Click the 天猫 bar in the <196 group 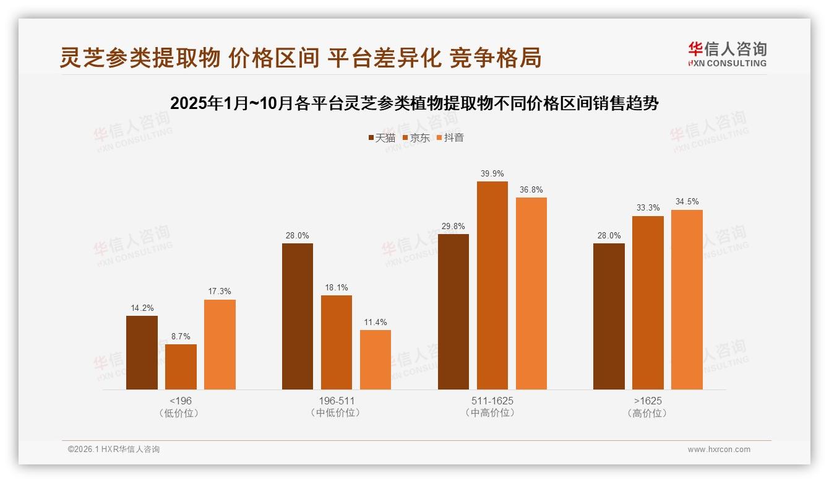[142, 352]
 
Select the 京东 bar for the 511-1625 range [492, 285]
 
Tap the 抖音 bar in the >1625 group [687, 300]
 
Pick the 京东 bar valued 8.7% [181, 367]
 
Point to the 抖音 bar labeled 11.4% [376, 360]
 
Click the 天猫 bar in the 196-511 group [298, 316]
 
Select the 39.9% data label [492, 173]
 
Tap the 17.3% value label [220, 292]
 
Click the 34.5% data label [687, 202]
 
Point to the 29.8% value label [453, 226]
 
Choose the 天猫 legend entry [382, 138]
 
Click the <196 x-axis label [181, 401]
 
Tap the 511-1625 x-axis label [492, 401]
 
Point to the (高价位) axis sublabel [648, 413]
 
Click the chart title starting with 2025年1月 [414, 103]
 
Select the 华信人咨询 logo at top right [727, 54]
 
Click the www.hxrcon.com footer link [719, 450]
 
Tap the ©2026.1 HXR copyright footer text [114, 450]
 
